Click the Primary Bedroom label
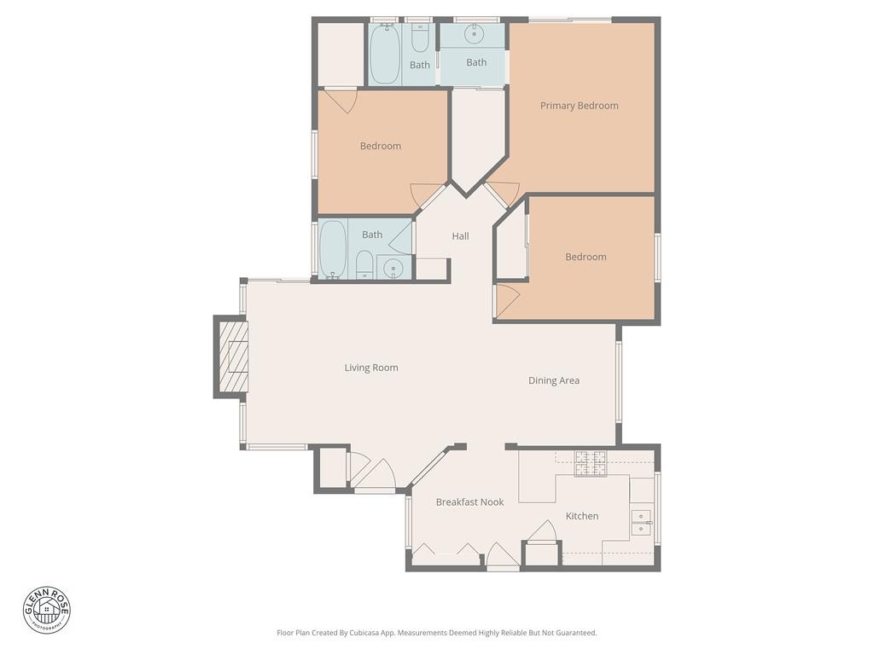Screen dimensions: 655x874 click(579, 106)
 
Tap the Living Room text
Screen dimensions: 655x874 click(371, 368)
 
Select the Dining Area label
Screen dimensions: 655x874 click(554, 380)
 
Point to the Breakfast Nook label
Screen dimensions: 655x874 click(469, 502)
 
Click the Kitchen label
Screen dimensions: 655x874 click(582, 516)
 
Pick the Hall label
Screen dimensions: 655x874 click(460, 236)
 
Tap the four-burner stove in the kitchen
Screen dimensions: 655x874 click(590, 463)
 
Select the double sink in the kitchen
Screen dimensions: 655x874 click(640, 522)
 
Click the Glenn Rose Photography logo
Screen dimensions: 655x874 click(47, 610)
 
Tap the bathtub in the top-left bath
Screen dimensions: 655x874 click(384, 54)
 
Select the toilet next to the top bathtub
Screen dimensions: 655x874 click(420, 38)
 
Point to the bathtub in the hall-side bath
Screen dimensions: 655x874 click(333, 249)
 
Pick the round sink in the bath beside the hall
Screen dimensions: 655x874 click(393, 269)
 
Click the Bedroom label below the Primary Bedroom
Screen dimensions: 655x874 click(586, 257)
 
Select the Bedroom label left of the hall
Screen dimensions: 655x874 click(380, 146)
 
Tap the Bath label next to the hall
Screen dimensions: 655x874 click(372, 235)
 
